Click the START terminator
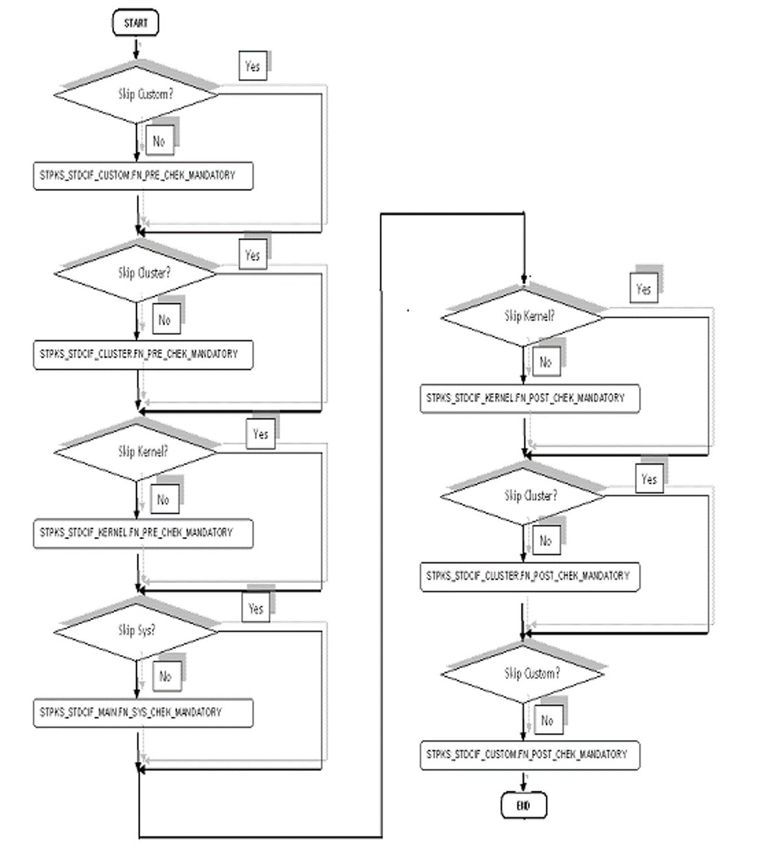(135, 23)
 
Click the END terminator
(524, 805)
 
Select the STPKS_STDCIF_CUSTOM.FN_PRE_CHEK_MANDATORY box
(143, 176)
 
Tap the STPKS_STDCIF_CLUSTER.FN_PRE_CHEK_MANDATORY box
(143, 354)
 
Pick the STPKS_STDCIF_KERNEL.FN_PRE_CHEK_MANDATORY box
(143, 533)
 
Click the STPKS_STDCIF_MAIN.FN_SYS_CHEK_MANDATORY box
(143, 712)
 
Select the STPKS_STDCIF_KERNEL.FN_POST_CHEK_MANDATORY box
(529, 398)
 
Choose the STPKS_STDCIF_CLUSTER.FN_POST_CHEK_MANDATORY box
(529, 576)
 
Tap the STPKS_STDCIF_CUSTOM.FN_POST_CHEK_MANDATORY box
(529, 755)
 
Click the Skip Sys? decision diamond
(137, 630)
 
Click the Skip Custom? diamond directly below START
(137, 94)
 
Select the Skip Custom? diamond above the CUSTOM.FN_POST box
(523, 674)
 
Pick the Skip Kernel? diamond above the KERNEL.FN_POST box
(523, 317)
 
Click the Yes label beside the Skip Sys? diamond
(255, 608)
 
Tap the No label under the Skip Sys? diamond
(165, 677)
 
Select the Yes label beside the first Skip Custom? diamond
(253, 67)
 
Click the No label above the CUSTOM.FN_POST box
(546, 720)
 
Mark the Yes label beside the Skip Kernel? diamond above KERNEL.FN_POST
(643, 289)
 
